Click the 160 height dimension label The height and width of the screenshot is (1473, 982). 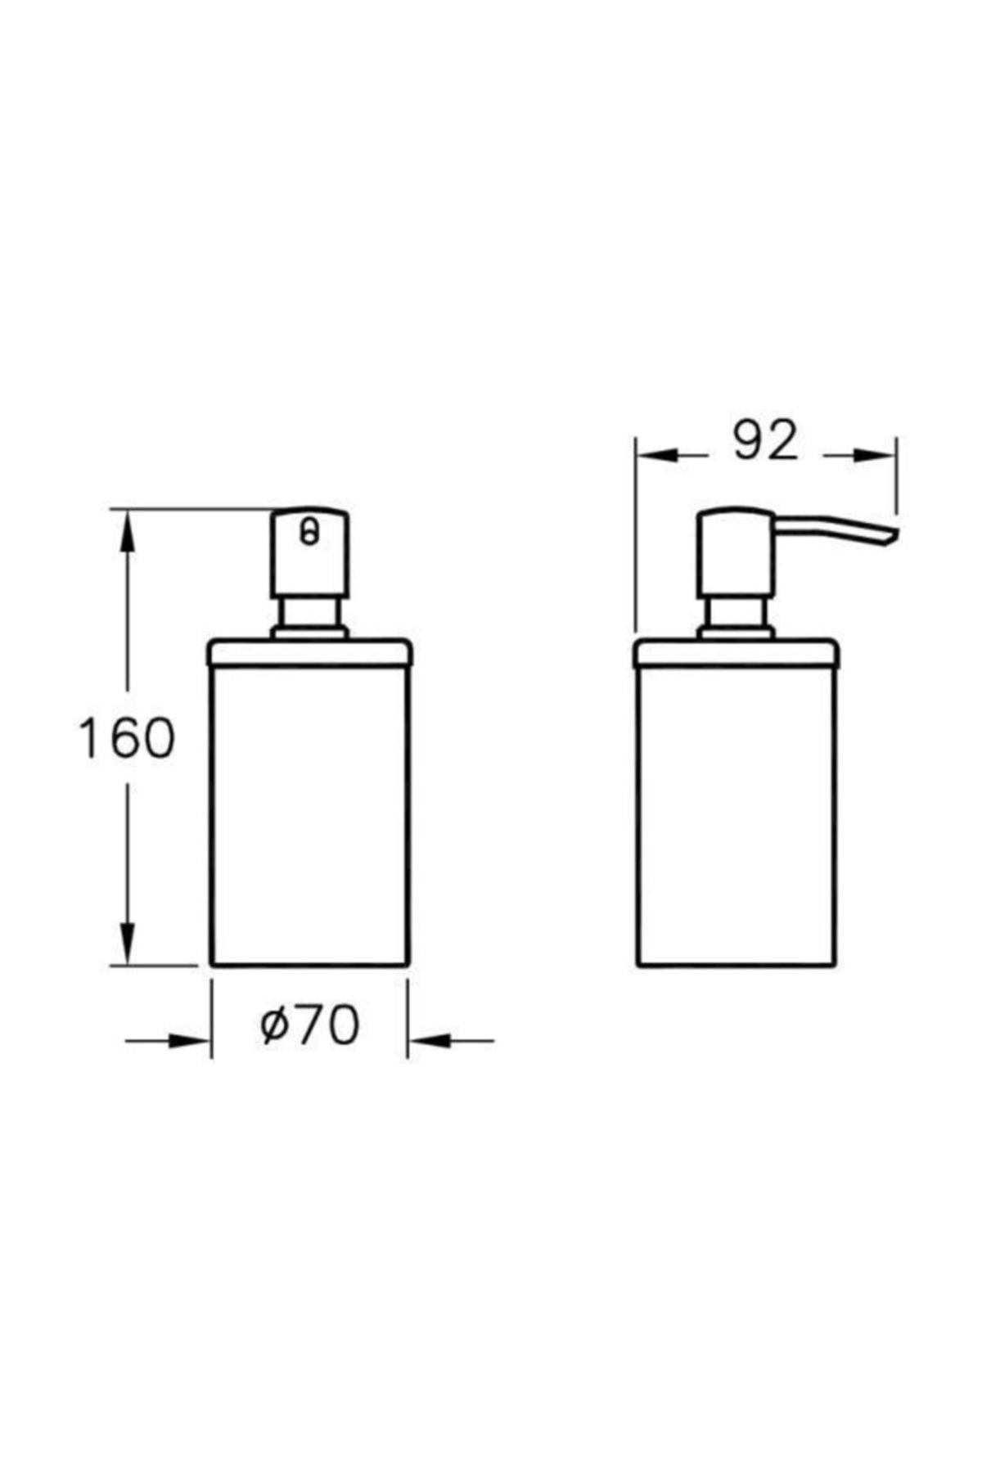[126, 737]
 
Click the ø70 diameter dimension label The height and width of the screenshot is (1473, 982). [309, 1025]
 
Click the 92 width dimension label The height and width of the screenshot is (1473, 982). [764, 441]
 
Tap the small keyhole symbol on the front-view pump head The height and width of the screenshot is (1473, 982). [309, 533]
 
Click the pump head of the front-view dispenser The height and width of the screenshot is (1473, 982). [309, 556]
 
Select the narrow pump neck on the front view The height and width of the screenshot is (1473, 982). [309, 614]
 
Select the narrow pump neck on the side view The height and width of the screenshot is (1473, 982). [735, 614]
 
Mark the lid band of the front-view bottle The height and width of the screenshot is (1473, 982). [309, 653]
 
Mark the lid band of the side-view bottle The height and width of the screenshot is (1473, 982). [735, 653]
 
